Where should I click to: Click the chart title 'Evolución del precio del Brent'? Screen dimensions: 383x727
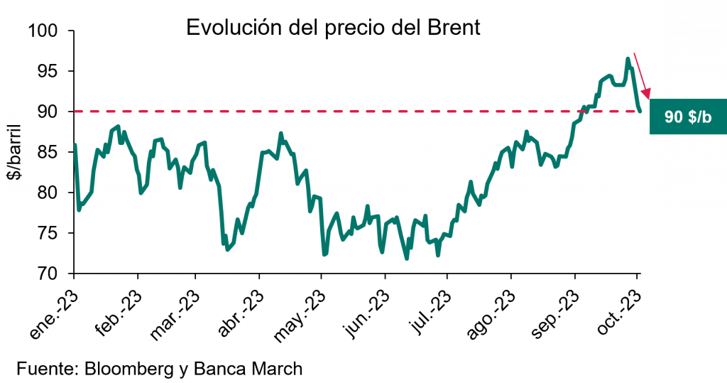click(333, 28)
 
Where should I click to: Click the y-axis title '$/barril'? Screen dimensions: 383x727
click(16, 152)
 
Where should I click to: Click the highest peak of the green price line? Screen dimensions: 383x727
click(628, 59)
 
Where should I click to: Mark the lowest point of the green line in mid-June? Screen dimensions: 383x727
click(407, 259)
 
